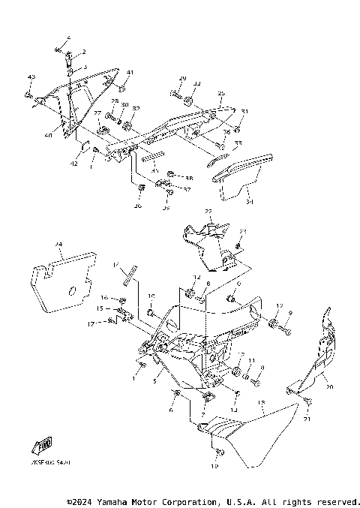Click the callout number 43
click(x=31, y=78)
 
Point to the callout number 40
click(x=48, y=136)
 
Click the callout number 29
click(x=182, y=79)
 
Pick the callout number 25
click(x=221, y=94)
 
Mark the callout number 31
click(x=244, y=112)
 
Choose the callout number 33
click(x=238, y=143)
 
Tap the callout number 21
click(x=306, y=421)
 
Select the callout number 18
click(x=261, y=403)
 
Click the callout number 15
click(x=99, y=308)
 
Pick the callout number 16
click(x=104, y=297)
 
